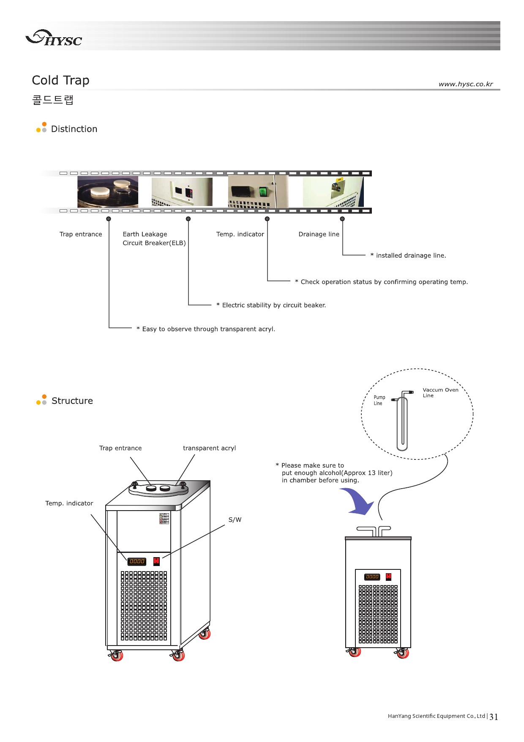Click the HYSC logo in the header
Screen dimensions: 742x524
54,38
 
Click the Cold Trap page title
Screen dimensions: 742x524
60,80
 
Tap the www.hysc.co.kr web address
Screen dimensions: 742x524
465,84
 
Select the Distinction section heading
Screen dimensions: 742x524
74,129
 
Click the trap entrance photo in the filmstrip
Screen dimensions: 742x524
108,192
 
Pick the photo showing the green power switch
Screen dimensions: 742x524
258,192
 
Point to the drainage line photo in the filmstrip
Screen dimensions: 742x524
333,192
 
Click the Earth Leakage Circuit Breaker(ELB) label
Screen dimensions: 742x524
154,239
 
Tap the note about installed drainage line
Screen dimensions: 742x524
408,256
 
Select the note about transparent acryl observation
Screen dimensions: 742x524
206,329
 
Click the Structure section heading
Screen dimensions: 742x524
72,401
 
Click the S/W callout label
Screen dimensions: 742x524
235,520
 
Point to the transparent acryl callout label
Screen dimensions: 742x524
209,448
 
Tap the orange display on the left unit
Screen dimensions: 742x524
137,561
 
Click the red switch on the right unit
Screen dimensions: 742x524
388,577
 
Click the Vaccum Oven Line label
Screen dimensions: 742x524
440,393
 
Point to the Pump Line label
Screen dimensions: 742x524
379,400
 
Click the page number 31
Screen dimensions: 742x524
494,717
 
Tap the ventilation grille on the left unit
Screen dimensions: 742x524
144,605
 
